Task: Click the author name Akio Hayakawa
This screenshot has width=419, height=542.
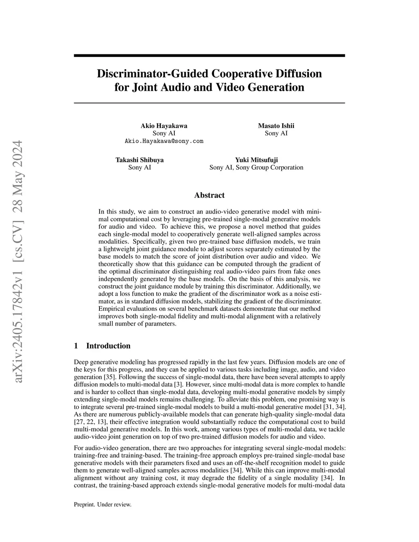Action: pyautogui.click(x=164, y=126)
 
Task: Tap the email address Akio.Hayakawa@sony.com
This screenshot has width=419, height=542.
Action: pyautogui.click(x=164, y=141)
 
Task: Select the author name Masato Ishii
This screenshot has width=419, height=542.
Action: pyautogui.click(x=276, y=126)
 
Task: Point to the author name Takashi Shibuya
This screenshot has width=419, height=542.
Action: pyautogui.click(x=140, y=160)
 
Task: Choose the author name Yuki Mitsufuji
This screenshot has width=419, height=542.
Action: pyautogui.click(x=256, y=160)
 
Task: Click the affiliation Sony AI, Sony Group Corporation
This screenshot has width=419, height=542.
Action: pyautogui.click(x=256, y=167)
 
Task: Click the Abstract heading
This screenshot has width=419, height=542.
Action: pyautogui.click(x=209, y=196)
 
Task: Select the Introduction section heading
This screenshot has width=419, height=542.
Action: pyautogui.click(x=108, y=346)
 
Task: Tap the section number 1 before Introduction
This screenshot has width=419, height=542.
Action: pyautogui.click(x=76, y=346)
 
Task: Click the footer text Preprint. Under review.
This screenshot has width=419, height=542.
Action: pyautogui.click(x=102, y=505)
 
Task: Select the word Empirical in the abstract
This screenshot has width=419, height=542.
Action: pyautogui.click(x=111, y=309)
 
